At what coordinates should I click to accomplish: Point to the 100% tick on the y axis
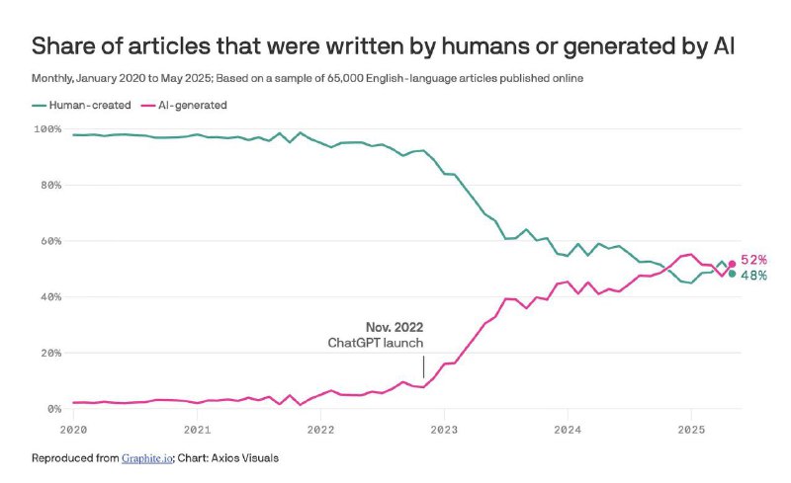[46, 129]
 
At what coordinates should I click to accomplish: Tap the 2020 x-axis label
[73, 430]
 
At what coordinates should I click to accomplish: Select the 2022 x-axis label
[319, 430]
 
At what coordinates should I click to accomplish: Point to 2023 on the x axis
[444, 430]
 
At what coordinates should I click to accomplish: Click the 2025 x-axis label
[690, 430]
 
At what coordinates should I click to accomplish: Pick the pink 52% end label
[753, 260]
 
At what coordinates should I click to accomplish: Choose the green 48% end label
[753, 276]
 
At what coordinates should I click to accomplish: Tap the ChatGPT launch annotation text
[376, 343]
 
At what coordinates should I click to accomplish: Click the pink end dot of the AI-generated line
[732, 264]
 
